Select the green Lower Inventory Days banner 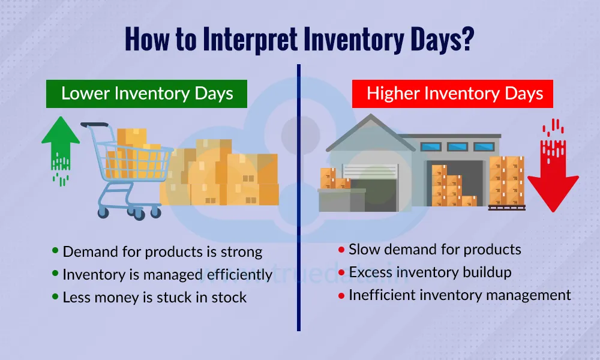click(147, 94)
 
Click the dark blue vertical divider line click(298, 198)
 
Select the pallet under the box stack click(506, 208)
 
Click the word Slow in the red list click(364, 249)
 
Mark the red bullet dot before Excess click(341, 272)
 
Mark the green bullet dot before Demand click(56, 251)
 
